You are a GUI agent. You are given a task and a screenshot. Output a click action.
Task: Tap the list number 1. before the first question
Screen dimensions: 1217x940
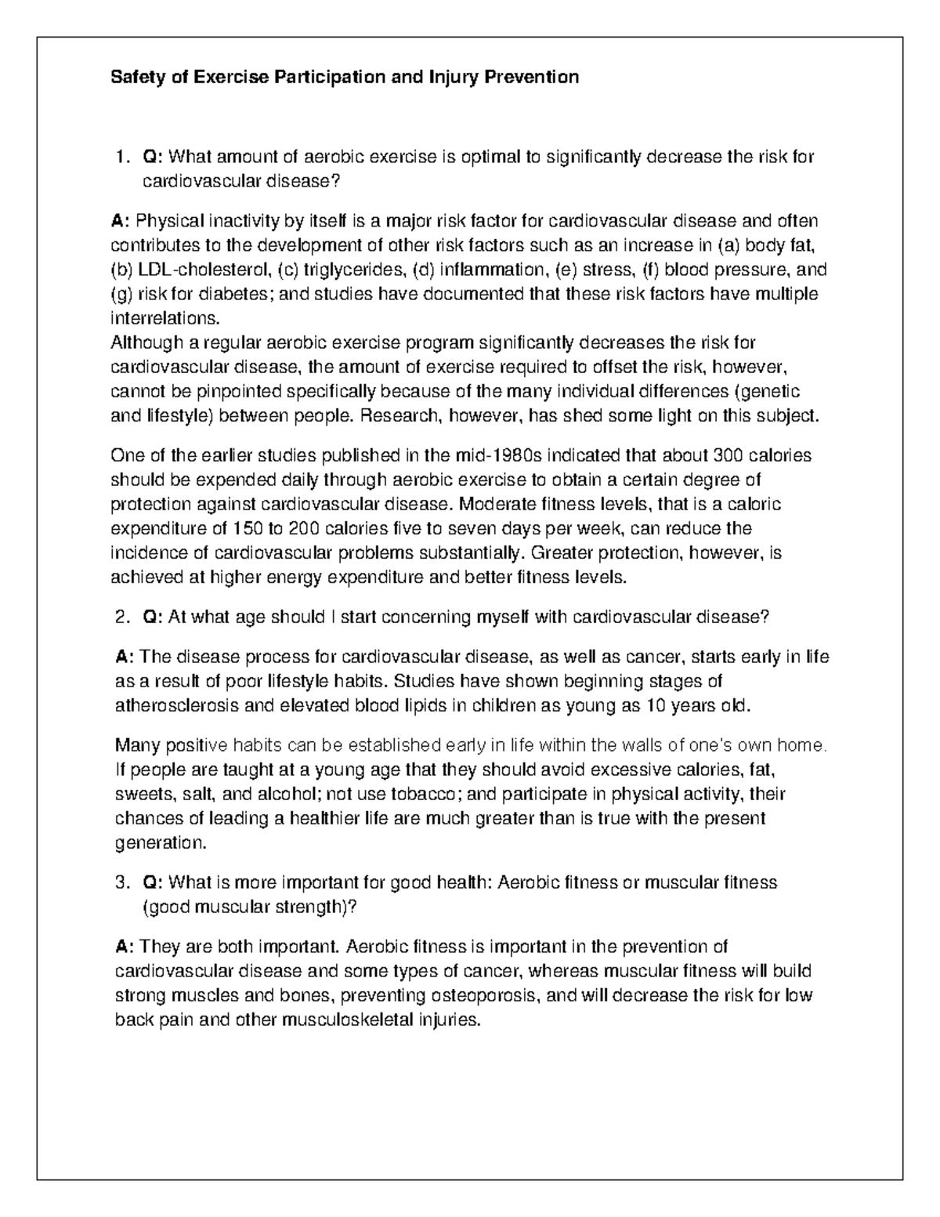tap(121, 157)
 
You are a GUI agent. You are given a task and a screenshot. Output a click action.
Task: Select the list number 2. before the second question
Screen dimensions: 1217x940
tap(121, 618)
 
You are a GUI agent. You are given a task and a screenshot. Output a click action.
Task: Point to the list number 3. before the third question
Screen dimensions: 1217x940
tap(121, 882)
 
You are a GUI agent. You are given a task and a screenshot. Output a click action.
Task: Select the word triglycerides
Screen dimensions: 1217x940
tap(349, 270)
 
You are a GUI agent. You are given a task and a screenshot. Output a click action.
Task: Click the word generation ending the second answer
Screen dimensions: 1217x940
tap(159, 843)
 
